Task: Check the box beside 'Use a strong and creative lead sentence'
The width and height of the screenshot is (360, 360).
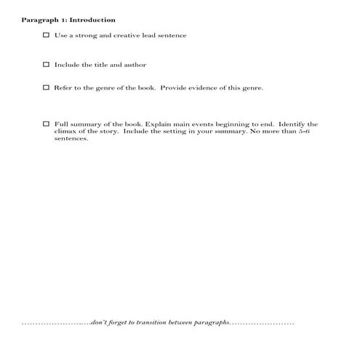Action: [47, 35]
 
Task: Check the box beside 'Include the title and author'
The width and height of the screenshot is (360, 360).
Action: [47, 65]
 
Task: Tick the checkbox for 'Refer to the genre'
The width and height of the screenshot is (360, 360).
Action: [47, 88]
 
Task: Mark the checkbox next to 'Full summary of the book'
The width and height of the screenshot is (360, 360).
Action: [47, 124]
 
